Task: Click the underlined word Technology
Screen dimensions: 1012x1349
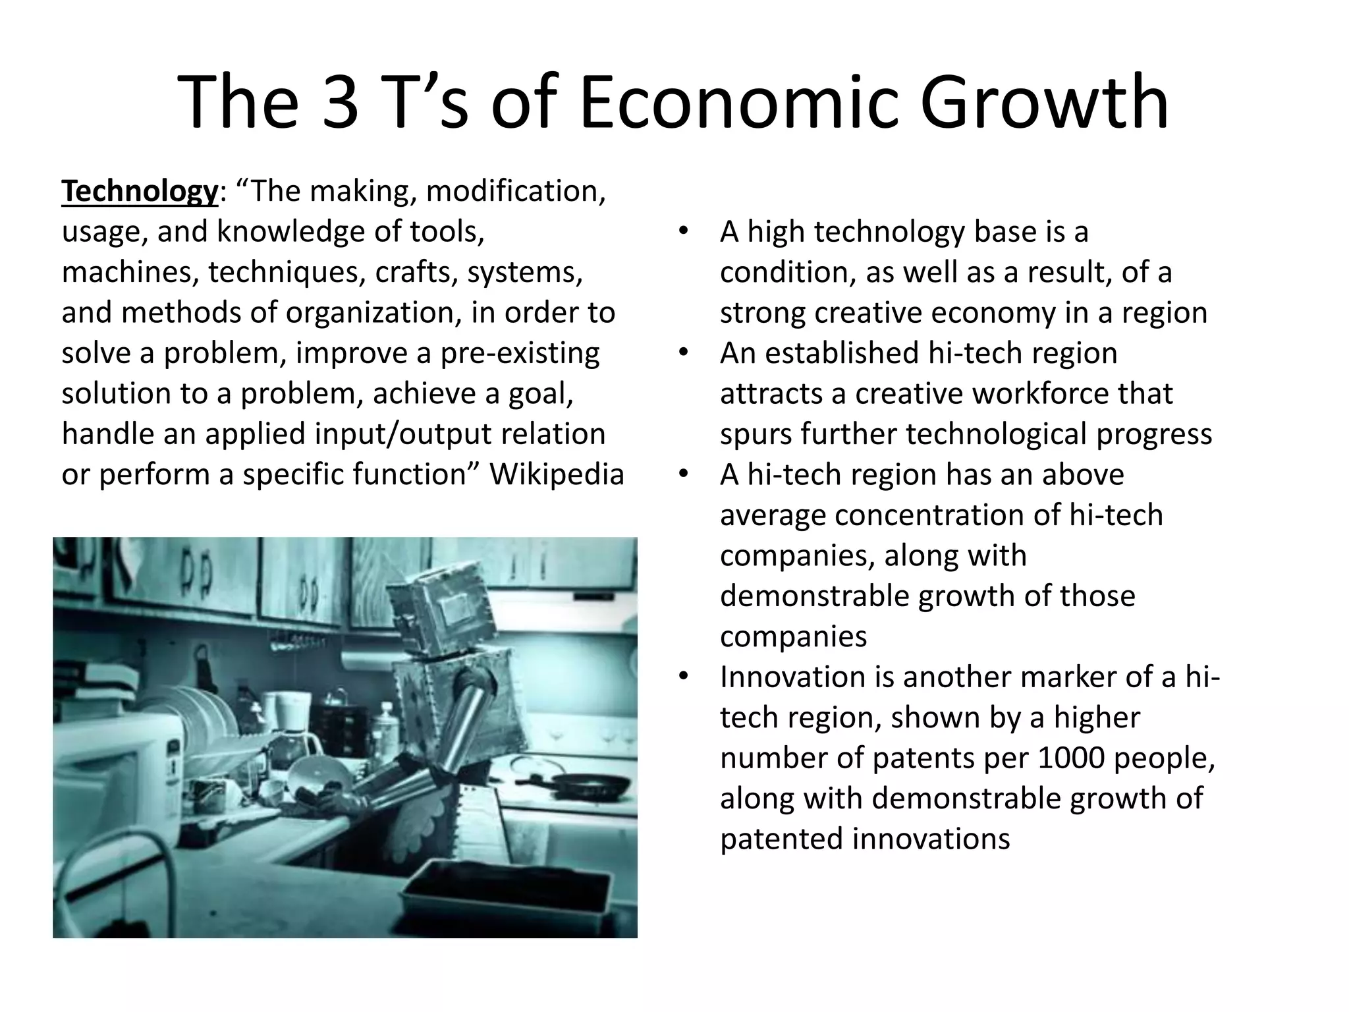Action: coord(139,192)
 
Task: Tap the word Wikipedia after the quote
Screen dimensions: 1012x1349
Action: coord(557,474)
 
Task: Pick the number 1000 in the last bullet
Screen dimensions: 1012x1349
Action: coord(1071,758)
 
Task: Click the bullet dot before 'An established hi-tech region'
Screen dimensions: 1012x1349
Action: coord(683,353)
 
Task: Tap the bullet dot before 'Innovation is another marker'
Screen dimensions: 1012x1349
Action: coord(683,677)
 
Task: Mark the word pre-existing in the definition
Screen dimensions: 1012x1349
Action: coord(520,353)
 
